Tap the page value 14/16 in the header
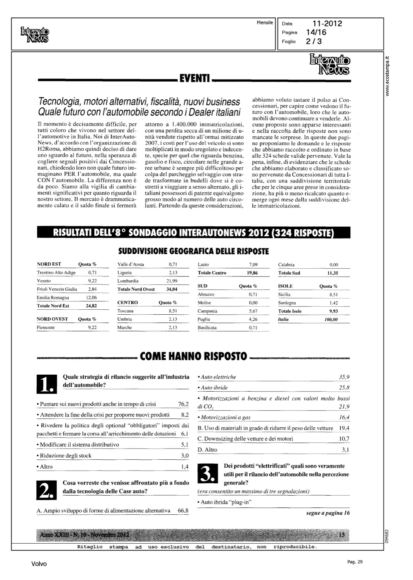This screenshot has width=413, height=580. pos(316,32)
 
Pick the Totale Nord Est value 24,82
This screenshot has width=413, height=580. pos(91,306)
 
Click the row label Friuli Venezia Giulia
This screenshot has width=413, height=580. pos(57,289)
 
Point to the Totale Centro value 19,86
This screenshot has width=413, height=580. pos(252,273)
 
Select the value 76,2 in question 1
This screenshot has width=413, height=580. pos(183,404)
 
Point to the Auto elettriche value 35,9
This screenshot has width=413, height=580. pos(344,377)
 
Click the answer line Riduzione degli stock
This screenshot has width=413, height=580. pos(66,456)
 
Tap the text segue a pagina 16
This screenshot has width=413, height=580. pos(328,513)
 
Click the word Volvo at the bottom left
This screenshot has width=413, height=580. pos(39,564)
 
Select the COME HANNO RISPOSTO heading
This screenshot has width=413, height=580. pos(193,356)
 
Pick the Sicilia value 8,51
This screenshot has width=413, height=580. pos(332,295)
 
